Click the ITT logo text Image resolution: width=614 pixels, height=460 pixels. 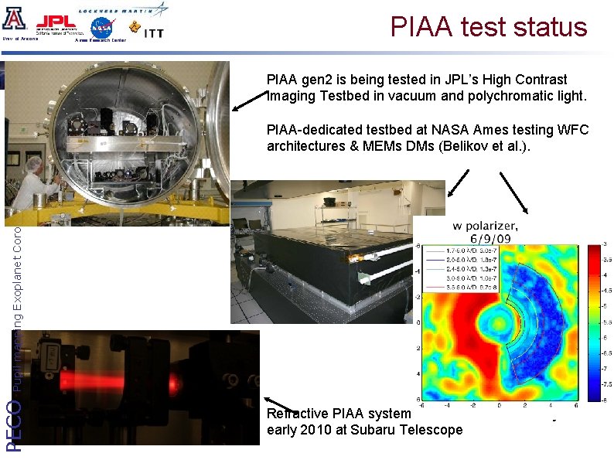[153, 31]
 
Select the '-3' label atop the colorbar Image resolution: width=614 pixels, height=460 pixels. [606, 244]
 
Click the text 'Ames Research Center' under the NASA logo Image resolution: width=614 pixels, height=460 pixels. [101, 40]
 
